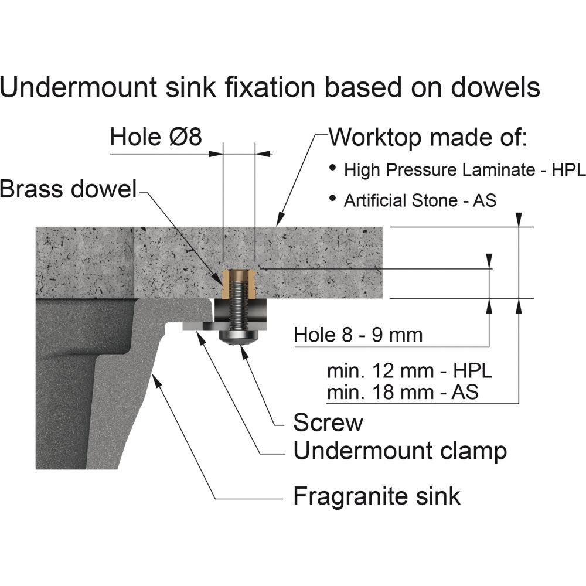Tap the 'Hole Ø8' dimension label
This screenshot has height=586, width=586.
156,138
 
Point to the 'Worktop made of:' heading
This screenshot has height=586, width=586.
428,138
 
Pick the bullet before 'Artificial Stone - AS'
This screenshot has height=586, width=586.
333,199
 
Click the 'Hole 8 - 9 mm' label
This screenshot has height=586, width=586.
358,335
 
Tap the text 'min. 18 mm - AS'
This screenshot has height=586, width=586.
403,391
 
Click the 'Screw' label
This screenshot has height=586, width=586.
328,422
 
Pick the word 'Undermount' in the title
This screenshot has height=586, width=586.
80,87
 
